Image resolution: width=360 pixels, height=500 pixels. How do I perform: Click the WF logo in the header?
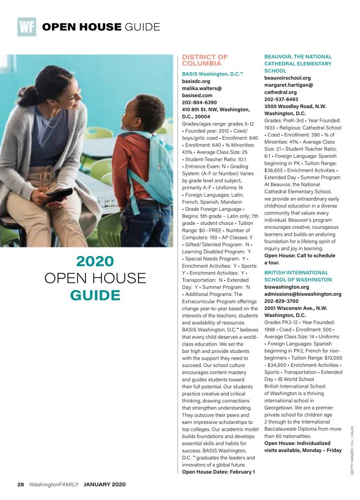pos(26,26)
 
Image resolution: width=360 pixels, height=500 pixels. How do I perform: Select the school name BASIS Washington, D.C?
pos(211,74)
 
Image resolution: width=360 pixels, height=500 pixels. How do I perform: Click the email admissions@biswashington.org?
pos(303,294)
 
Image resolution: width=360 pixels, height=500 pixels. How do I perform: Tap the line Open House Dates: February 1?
pos(219,471)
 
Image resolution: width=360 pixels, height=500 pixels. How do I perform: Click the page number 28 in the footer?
pos(20,485)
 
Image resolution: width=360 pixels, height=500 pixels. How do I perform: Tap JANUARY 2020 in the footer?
pos(104,485)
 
